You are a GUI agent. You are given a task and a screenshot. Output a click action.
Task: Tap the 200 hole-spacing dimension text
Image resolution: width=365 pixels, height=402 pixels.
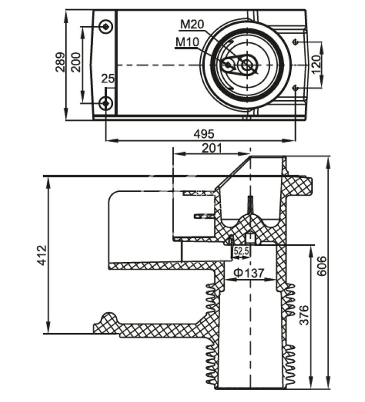coord(75,62)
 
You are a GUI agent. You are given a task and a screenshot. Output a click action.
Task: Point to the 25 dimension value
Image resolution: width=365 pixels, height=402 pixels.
coord(107,78)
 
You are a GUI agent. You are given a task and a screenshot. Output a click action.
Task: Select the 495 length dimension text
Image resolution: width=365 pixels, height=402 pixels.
coord(203,133)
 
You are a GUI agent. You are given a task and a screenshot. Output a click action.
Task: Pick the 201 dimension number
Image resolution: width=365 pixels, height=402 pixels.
coord(212,148)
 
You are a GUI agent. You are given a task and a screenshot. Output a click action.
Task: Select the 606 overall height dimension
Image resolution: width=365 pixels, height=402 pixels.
coord(321,266)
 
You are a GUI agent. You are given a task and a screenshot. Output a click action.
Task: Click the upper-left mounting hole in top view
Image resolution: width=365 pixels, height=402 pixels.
coord(106,26)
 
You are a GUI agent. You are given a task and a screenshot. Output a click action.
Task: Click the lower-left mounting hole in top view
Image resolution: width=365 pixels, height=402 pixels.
coord(106,103)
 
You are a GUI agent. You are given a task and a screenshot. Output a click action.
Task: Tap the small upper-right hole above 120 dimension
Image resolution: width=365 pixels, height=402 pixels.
coord(296,42)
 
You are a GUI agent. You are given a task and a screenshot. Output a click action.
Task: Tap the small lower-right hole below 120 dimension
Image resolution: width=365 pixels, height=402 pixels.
coord(296,88)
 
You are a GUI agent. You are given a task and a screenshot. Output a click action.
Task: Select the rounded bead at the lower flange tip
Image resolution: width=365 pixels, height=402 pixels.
coord(108,318)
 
